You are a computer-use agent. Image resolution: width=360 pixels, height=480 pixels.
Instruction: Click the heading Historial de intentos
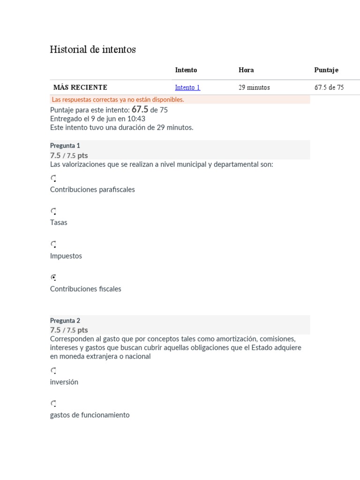pyautogui.click(x=93, y=50)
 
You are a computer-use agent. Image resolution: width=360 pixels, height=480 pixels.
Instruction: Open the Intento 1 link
pyautogui.click(x=187, y=88)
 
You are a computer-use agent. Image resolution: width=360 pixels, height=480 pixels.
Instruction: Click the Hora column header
pyautogui.click(x=246, y=70)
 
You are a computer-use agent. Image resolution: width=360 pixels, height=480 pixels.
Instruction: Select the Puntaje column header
pyautogui.click(x=326, y=70)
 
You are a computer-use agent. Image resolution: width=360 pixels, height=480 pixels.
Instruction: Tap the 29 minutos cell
pyautogui.click(x=254, y=88)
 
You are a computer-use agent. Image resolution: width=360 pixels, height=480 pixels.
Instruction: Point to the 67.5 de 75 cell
pyautogui.click(x=329, y=88)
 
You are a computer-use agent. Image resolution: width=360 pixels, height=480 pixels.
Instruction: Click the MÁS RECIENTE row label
pyautogui.click(x=80, y=88)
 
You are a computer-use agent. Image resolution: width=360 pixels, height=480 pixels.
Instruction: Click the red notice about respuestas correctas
pyautogui.click(x=118, y=100)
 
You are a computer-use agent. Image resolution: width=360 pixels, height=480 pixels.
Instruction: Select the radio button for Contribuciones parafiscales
pyautogui.click(x=53, y=178)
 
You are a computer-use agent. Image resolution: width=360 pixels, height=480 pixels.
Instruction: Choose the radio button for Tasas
pyautogui.click(x=53, y=211)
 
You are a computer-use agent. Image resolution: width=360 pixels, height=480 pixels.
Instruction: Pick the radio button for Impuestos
pyautogui.click(x=53, y=244)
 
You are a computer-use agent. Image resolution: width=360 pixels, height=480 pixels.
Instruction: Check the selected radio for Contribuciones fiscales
pyautogui.click(x=53, y=277)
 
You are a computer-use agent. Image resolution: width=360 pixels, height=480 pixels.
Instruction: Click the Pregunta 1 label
pyautogui.click(x=65, y=146)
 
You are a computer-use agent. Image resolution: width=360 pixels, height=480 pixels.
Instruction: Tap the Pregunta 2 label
pyautogui.click(x=65, y=321)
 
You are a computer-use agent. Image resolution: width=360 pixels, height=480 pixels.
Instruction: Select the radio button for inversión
pyautogui.click(x=53, y=371)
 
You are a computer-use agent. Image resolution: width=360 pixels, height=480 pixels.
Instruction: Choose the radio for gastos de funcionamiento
pyautogui.click(x=53, y=404)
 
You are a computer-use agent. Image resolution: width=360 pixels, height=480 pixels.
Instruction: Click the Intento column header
pyautogui.click(x=186, y=70)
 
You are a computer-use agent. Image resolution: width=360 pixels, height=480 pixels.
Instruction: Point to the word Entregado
pyautogui.click(x=66, y=119)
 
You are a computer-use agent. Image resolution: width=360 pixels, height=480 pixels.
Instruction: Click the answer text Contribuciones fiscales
pyautogui.click(x=86, y=289)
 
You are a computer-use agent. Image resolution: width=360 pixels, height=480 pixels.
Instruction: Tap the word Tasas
pyautogui.click(x=59, y=223)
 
